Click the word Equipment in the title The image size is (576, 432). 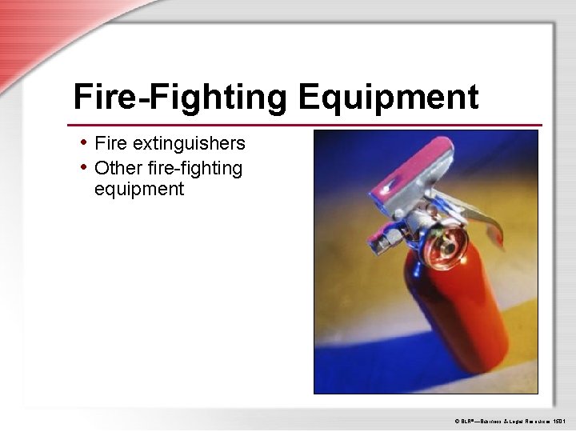tap(389, 98)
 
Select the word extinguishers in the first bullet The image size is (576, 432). tap(190, 143)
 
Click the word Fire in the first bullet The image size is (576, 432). tap(111, 143)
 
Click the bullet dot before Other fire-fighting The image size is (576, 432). tap(84, 166)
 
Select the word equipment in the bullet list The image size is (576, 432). tap(139, 190)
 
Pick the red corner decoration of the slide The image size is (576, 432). tap(32, 32)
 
